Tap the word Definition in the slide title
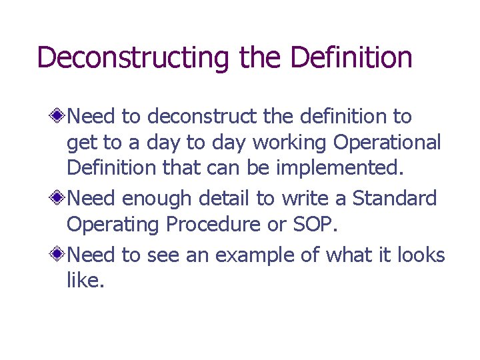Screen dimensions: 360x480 [351, 57]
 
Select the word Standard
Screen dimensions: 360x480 [395, 198]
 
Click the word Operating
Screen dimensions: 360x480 [113, 225]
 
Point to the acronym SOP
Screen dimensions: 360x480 [315, 225]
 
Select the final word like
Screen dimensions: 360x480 [85, 281]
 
